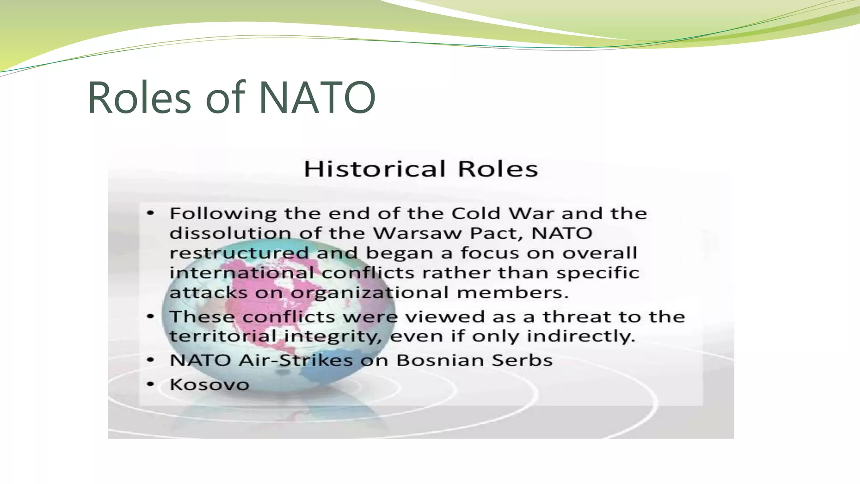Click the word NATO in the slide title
[317, 98]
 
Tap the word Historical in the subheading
[374, 169]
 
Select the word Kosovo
[209, 384]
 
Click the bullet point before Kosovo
[150, 384]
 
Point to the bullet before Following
[150, 213]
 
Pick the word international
[241, 273]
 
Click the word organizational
[370, 293]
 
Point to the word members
[512, 292]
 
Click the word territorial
[223, 336]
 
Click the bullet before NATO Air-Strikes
[150, 360]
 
